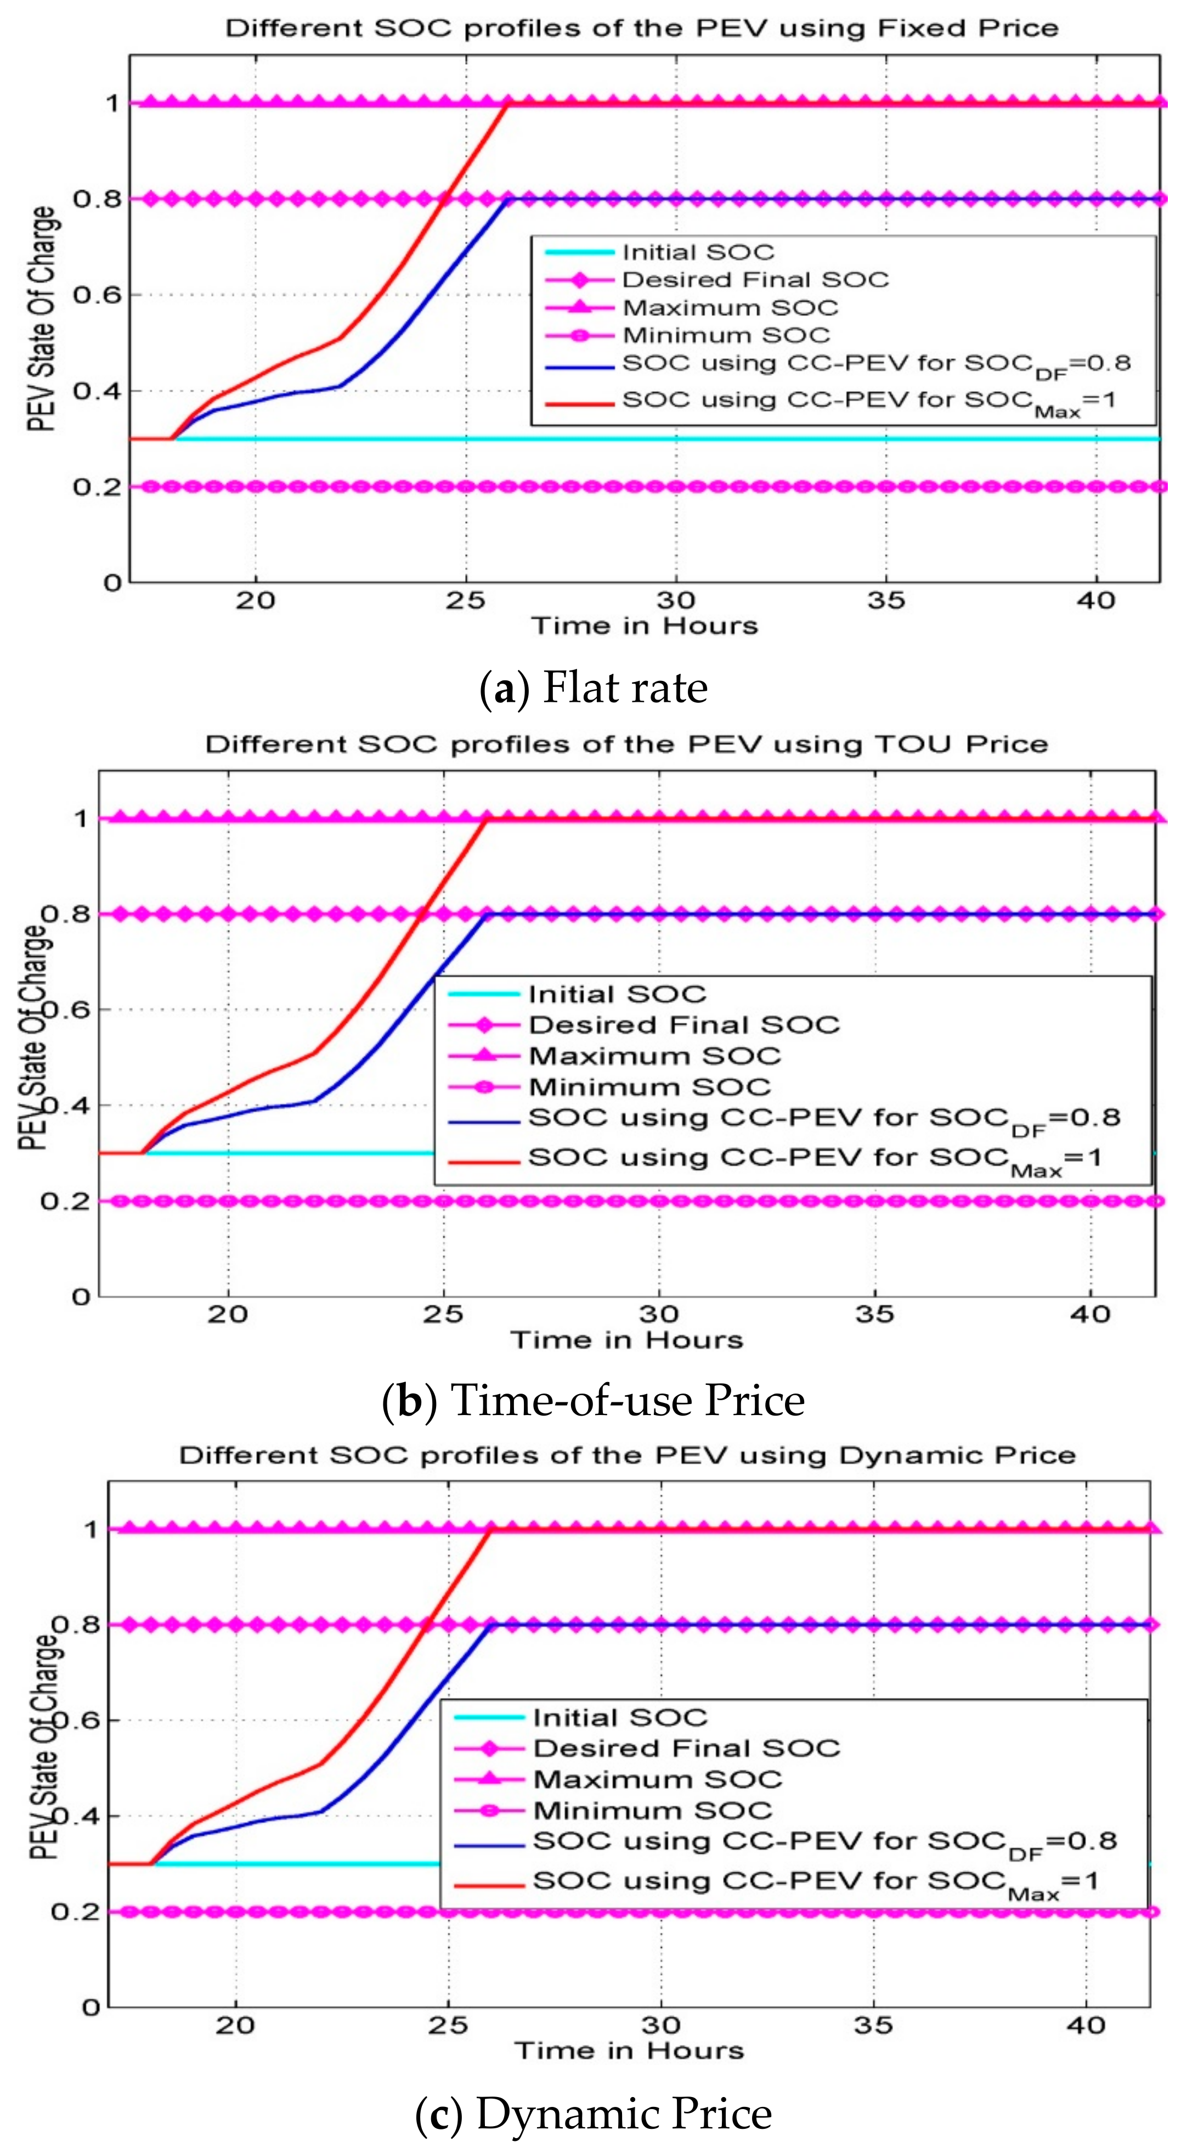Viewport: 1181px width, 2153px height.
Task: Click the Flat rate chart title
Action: point(642,29)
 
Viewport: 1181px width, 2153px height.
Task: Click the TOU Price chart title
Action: point(627,744)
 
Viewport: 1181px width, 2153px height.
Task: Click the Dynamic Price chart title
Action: point(627,1455)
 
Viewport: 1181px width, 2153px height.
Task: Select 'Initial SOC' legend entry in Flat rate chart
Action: point(698,252)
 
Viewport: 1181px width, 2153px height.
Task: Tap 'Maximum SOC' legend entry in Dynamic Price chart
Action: point(657,1779)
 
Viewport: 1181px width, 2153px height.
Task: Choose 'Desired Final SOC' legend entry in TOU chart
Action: point(683,1025)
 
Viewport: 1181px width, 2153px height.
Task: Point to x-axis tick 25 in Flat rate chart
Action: point(465,600)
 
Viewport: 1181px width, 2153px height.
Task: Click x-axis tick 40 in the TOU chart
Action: point(1090,1315)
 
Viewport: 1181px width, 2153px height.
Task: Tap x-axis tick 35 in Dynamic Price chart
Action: point(873,2025)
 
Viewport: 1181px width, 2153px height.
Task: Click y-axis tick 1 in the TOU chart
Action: point(81,818)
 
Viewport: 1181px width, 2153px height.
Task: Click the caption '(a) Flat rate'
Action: point(594,688)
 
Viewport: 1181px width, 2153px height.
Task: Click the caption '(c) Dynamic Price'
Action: point(594,2113)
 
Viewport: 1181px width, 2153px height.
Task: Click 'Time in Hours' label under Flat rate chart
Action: point(645,626)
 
